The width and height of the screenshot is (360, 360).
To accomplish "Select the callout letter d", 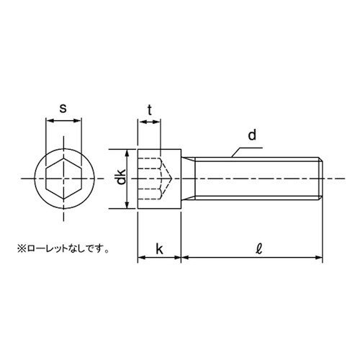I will (252, 135).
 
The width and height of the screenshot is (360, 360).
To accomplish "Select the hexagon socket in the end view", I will (63, 178).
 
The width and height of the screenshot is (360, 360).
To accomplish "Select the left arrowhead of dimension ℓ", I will (183, 256).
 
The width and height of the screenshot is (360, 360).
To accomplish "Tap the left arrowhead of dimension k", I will (140, 256).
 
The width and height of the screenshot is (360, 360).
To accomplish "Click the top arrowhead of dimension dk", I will (128, 151).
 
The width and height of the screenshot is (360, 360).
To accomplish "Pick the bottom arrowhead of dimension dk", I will (128, 206).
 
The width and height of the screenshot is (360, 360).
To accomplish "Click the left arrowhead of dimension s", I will (49, 122).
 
